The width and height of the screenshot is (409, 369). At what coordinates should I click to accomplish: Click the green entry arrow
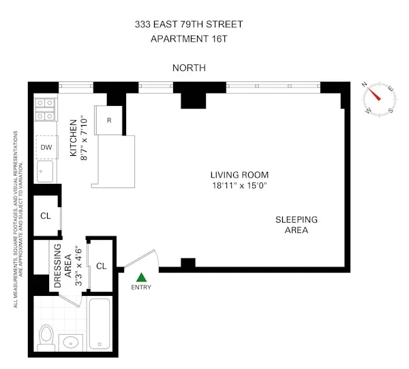(x=141, y=277)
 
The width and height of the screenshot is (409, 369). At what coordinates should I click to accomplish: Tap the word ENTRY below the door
(x=141, y=287)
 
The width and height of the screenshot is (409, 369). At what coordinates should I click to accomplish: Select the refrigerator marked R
(x=109, y=120)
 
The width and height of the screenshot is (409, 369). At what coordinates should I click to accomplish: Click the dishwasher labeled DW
(x=46, y=147)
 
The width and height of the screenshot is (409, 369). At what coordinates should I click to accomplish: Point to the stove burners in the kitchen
(x=45, y=109)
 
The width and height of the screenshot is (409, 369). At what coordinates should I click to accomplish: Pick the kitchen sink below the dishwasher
(x=44, y=172)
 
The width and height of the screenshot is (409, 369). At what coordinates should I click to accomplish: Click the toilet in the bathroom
(x=46, y=338)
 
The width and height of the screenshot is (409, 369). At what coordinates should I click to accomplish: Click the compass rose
(x=378, y=98)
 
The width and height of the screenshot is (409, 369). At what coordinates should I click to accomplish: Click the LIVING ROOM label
(x=239, y=175)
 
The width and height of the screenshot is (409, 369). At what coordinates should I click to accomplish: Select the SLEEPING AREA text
(x=297, y=225)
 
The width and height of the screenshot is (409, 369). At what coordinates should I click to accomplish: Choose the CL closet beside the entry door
(x=101, y=266)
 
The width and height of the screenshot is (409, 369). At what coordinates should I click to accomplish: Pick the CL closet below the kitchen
(x=45, y=215)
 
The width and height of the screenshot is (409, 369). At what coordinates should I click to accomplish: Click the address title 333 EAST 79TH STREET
(x=188, y=25)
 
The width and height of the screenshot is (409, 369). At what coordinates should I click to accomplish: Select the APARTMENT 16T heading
(x=188, y=38)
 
